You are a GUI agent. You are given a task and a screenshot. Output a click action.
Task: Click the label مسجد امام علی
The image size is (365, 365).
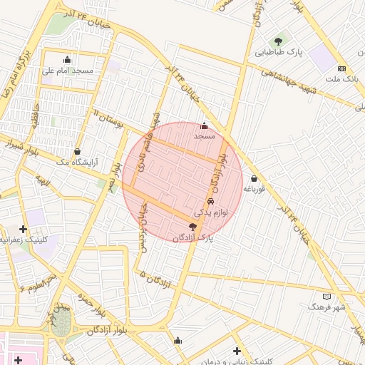67,71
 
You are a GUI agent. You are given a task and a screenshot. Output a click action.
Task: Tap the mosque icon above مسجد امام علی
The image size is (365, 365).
67,59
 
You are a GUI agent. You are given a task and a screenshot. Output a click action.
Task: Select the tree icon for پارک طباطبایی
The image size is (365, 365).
278,41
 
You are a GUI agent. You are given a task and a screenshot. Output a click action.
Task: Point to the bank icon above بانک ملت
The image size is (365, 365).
341,68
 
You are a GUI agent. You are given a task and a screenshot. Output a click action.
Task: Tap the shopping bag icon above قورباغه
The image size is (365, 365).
254,178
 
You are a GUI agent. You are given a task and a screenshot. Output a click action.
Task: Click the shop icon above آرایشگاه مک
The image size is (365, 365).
77,151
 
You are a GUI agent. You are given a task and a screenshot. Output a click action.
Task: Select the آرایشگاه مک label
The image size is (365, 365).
79,163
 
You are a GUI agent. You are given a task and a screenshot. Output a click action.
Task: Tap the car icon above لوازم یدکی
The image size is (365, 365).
209,202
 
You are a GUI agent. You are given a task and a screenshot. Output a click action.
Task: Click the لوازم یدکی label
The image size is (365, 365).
209,212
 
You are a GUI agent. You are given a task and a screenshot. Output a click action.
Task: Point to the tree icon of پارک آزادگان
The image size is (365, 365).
192,226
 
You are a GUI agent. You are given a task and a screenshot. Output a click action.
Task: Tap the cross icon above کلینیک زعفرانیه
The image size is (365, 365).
24,229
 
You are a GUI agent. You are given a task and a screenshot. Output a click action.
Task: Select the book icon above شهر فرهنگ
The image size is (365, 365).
327,296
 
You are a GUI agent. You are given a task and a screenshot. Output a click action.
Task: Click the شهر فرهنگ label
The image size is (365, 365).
327,307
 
